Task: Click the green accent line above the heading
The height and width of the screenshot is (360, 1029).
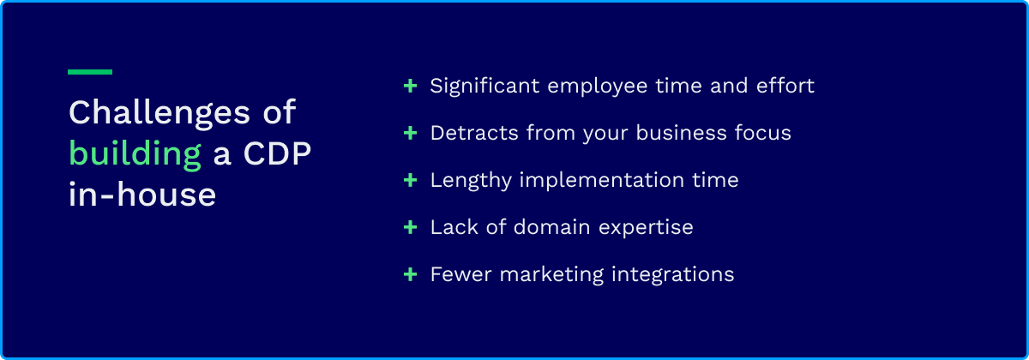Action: [90, 72]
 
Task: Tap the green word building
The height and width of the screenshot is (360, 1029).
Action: [135, 155]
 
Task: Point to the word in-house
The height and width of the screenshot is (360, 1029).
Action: [142, 194]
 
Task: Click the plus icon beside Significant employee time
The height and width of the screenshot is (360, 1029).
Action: [410, 86]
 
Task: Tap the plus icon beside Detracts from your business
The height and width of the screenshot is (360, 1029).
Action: [410, 133]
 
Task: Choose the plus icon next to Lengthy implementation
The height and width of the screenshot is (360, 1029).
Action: [410, 180]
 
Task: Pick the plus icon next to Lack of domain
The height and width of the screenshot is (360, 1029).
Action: [410, 227]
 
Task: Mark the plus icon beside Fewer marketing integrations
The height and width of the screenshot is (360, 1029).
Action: [410, 274]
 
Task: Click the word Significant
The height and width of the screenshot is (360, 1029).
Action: [484, 87]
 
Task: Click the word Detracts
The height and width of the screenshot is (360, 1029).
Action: [474, 133]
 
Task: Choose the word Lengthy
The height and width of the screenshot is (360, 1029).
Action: [471, 181]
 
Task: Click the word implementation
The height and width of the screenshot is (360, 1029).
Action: [602, 181]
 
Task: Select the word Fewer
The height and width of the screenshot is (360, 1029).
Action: [461, 274]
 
